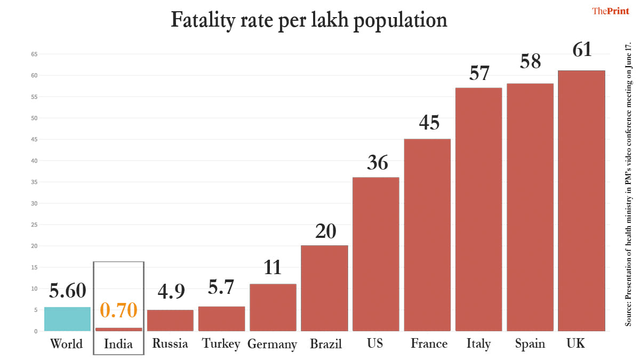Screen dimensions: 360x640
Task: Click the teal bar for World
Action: [x=67, y=319]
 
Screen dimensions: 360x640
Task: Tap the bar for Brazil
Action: [x=324, y=288]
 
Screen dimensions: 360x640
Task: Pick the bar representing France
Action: [x=427, y=235]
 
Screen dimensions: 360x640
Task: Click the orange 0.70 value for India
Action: [x=118, y=310]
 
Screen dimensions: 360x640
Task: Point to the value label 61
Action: [x=582, y=50]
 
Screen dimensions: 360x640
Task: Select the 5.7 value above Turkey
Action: [x=221, y=288]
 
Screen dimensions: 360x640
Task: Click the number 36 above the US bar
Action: [x=377, y=163]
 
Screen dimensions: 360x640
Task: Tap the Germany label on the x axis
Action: [x=272, y=344]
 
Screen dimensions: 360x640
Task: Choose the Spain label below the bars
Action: [x=530, y=343]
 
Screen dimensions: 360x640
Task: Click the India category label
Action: [x=118, y=344]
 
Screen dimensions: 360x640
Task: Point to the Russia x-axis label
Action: [x=170, y=343]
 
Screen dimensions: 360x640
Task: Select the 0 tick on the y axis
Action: [x=36, y=331]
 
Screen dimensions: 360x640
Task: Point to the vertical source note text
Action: [x=628, y=184]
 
